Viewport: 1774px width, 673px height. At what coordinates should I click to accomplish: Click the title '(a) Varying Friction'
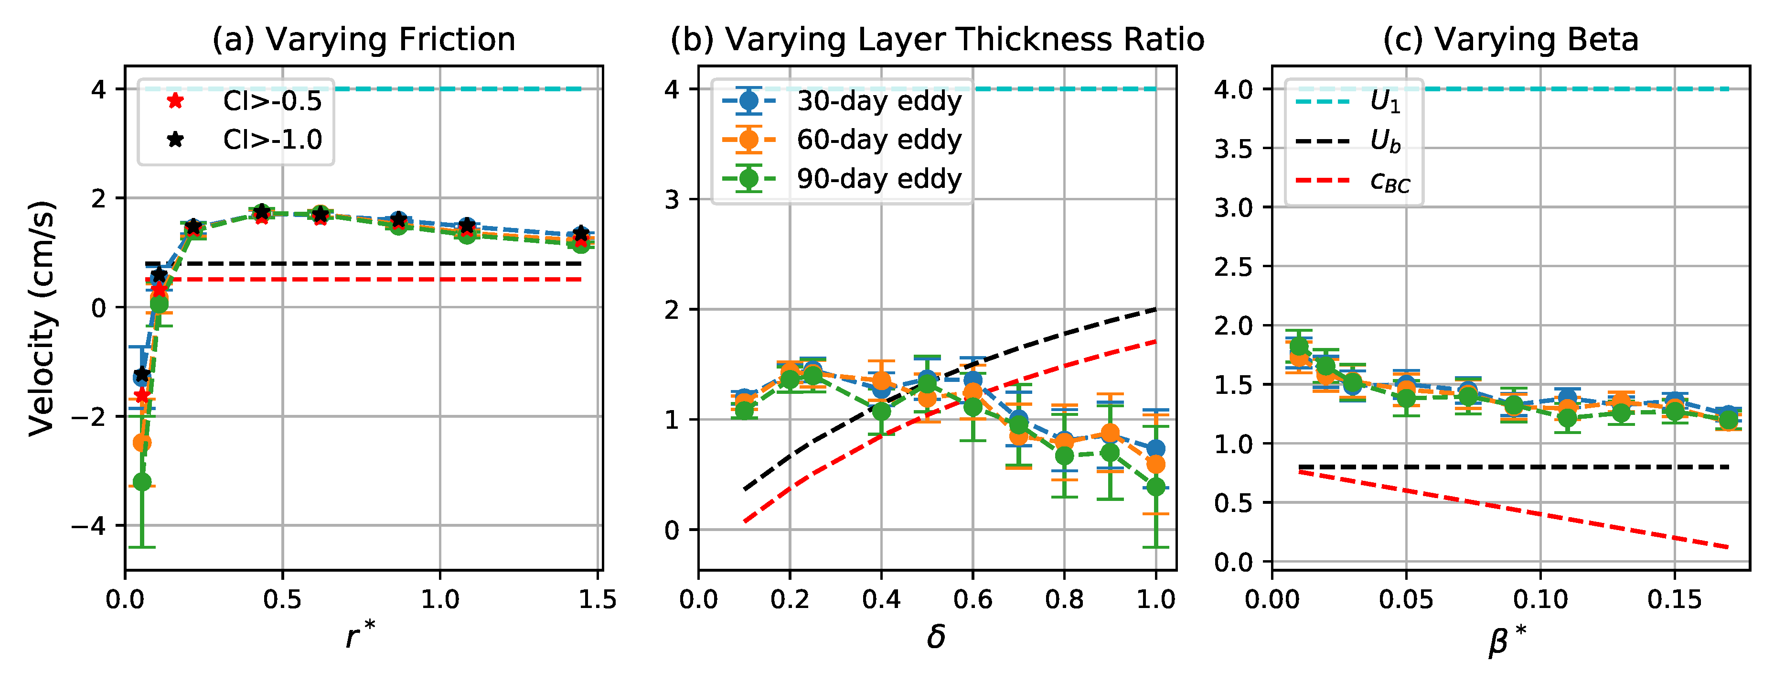point(363,39)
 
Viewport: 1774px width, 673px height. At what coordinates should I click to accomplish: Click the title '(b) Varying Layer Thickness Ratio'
point(937,39)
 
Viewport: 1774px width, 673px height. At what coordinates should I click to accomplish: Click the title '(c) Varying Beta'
point(1510,39)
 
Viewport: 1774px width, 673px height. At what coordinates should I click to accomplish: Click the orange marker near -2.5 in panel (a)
point(142,442)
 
